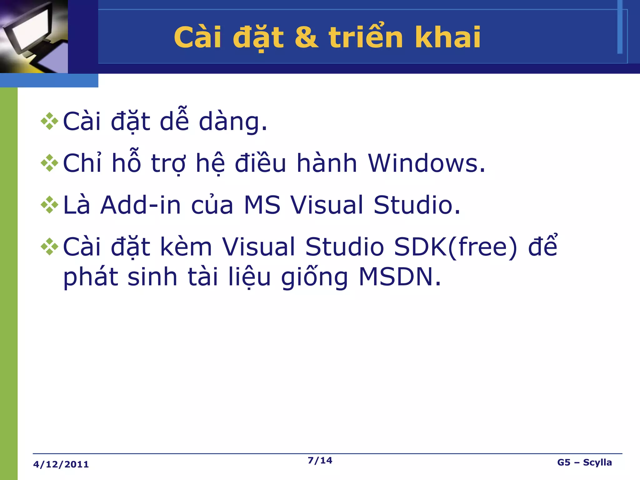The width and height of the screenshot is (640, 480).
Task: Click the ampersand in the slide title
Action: (306, 37)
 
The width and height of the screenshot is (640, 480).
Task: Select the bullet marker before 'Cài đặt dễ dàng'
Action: (49, 121)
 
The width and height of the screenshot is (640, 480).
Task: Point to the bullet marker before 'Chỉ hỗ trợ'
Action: (49, 163)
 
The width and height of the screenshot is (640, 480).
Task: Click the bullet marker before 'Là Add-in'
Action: (49, 205)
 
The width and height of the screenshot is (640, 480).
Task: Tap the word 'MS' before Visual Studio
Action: (262, 205)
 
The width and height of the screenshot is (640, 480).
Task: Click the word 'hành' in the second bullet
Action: (327, 163)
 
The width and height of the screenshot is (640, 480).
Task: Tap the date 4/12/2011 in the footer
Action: (61, 464)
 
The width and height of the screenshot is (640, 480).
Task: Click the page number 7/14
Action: (320, 460)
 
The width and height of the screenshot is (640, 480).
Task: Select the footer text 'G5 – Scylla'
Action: (584, 462)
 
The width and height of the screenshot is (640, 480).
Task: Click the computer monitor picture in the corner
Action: (34, 36)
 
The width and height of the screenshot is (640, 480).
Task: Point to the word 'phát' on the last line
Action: (91, 277)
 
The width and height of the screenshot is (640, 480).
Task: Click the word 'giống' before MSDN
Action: (314, 277)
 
